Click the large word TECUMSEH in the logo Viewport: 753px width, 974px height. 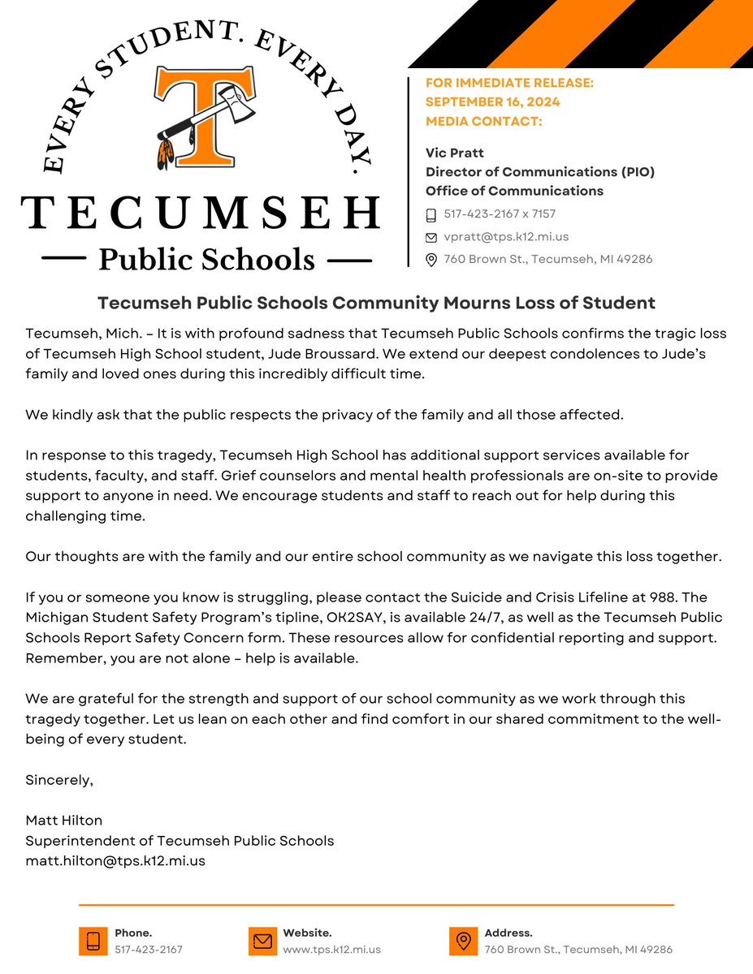click(x=200, y=213)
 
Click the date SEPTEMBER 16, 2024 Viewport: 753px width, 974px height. click(x=492, y=102)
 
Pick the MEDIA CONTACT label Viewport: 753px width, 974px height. click(x=483, y=121)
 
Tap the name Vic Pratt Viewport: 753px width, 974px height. click(x=454, y=153)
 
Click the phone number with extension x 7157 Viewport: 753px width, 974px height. click(x=500, y=214)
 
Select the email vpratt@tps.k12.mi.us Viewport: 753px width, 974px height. click(x=506, y=237)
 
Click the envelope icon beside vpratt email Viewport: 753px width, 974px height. click(x=431, y=238)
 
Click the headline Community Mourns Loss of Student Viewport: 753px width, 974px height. click(x=376, y=303)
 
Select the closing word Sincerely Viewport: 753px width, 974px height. click(x=59, y=780)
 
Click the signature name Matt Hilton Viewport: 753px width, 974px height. click(x=65, y=821)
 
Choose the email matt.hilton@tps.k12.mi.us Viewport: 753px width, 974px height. click(x=115, y=860)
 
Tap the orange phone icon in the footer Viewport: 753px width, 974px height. click(x=93, y=941)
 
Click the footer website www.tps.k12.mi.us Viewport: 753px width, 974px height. click(x=331, y=949)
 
